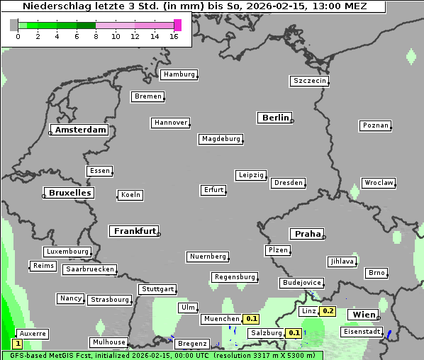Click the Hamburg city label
179,74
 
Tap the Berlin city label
275,118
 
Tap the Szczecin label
310,81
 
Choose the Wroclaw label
379,183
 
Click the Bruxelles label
69,193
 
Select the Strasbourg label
110,300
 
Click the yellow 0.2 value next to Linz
328,311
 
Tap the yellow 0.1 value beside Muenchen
252,319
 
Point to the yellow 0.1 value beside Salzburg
294,333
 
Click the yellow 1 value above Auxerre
18,343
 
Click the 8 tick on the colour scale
96,37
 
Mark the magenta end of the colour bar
177,26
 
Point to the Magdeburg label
221,139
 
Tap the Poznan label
376,125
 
